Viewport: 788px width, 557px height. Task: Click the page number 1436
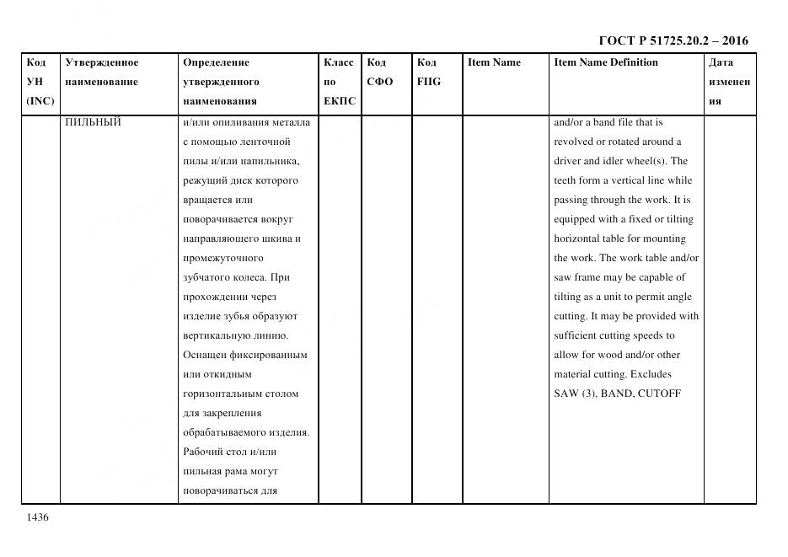click(x=38, y=517)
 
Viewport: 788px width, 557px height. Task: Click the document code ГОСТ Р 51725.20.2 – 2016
click(x=673, y=40)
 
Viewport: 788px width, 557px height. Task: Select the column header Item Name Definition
click(x=606, y=62)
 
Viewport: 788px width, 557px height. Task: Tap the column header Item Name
click(x=494, y=62)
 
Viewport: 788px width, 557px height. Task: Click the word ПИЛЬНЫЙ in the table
click(x=93, y=122)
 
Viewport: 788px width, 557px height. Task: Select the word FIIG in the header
click(x=428, y=82)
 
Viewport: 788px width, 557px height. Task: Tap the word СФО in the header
click(x=379, y=82)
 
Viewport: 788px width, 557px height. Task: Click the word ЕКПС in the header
click(x=340, y=101)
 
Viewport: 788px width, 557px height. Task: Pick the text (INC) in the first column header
click(x=40, y=101)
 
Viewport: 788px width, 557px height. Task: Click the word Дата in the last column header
click(x=721, y=62)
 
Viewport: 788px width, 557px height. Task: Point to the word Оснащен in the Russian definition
click(x=205, y=355)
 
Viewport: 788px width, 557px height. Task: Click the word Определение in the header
click(x=216, y=62)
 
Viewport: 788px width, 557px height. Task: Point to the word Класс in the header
click(x=339, y=62)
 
